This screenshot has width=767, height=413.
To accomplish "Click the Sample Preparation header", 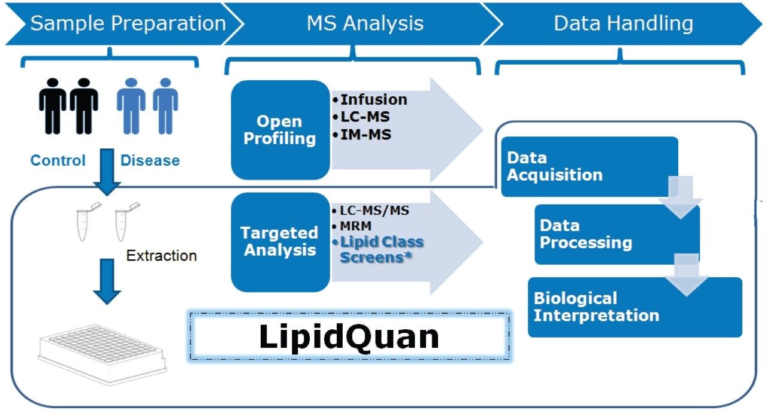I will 128,23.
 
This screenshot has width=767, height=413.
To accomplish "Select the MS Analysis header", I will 365,23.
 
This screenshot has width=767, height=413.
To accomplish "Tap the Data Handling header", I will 623,23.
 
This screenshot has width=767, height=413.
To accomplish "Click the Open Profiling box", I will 279,130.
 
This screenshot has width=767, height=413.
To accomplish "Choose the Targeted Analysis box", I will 279,241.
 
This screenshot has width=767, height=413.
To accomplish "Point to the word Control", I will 58,160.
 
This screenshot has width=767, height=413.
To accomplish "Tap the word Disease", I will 150,160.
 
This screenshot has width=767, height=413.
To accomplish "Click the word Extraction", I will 161,256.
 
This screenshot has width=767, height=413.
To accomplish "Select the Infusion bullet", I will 373,99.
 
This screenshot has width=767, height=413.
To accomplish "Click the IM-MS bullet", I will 366,135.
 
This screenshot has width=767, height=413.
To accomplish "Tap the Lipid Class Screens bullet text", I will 381,250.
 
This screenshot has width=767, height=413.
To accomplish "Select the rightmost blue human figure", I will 165,106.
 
